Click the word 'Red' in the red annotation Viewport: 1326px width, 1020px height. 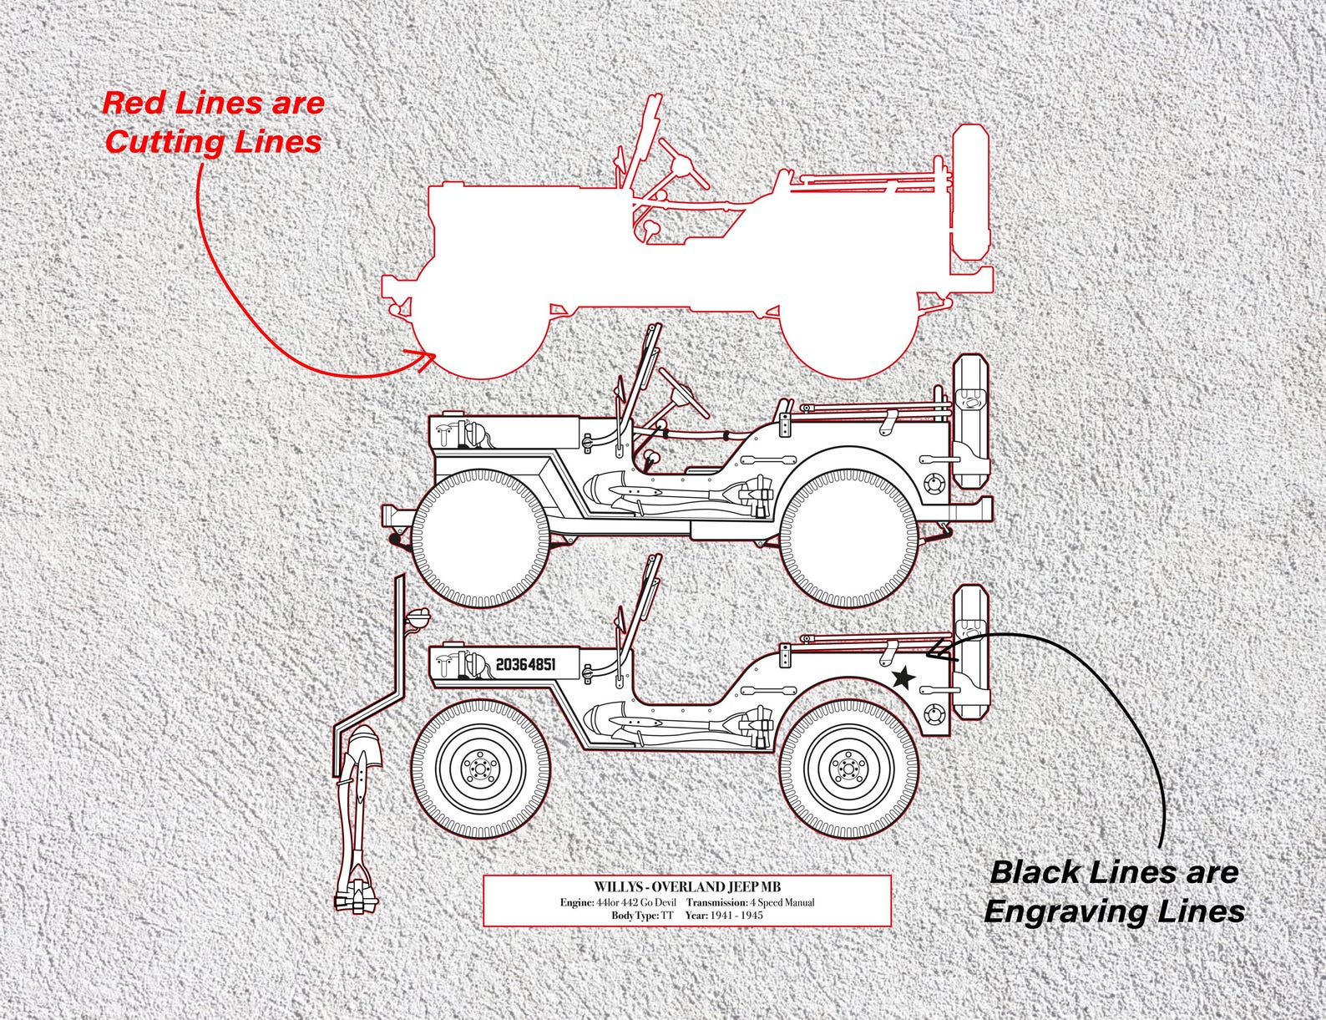pos(131,104)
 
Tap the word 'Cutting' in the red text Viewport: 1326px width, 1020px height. pos(159,141)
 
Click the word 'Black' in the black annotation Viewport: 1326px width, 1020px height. pos(1035,873)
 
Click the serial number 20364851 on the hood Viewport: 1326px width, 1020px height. pos(525,664)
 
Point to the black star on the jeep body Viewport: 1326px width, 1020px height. pos(903,678)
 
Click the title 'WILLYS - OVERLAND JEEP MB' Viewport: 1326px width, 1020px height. pos(688,886)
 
